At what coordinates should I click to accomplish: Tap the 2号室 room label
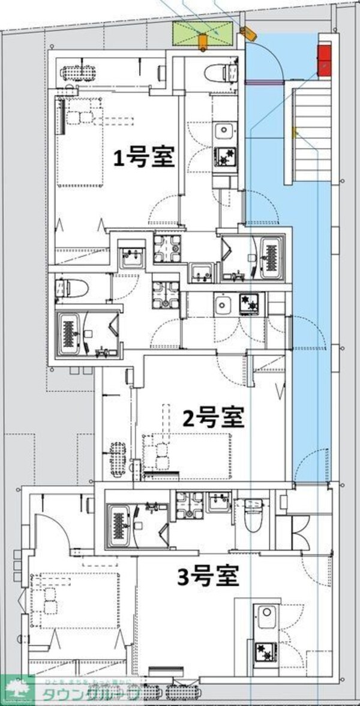[214, 417]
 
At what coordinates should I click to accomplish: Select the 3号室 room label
[209, 577]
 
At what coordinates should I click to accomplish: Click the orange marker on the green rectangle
[203, 41]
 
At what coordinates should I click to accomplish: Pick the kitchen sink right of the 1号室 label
[224, 131]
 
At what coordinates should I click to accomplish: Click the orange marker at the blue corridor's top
[247, 31]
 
